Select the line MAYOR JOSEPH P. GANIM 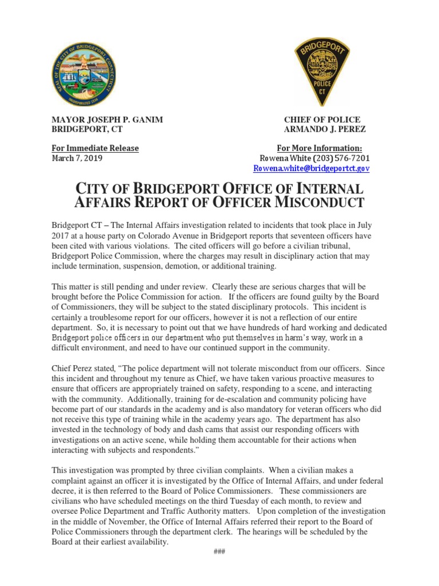(107, 120)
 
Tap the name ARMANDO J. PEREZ (325, 129)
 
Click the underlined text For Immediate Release (95, 148)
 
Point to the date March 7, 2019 (77, 158)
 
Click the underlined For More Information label (320, 148)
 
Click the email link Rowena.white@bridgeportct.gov (312, 168)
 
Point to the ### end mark (219, 551)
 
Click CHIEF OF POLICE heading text (322, 120)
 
